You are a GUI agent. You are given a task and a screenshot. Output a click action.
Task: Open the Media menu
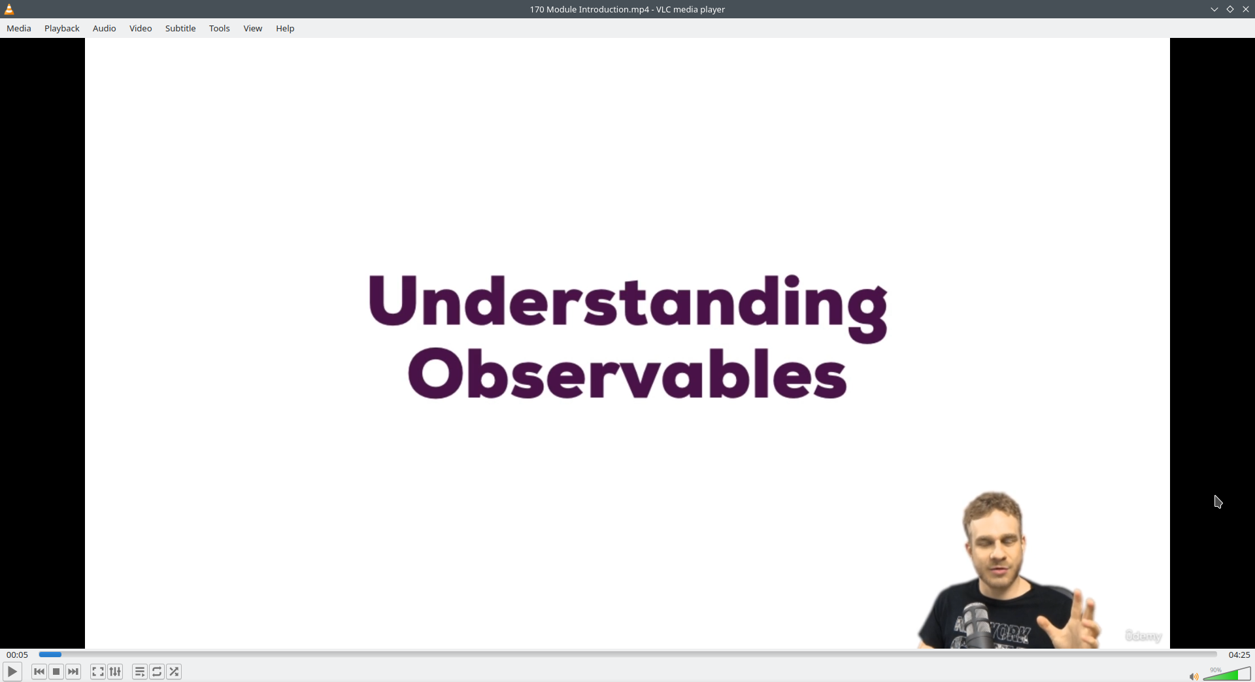coord(19,28)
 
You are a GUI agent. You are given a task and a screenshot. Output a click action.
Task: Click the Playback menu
coord(62,28)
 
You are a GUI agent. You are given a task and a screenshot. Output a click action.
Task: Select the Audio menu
coord(105,28)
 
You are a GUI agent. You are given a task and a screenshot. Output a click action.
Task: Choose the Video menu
coord(141,28)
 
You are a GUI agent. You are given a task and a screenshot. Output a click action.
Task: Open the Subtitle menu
coord(180,28)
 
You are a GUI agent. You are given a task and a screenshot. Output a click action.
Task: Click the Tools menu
coord(220,28)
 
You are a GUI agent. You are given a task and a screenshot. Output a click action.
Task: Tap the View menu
coord(253,28)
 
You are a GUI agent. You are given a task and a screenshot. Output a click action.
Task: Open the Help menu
coord(285,28)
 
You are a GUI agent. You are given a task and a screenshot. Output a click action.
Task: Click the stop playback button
coord(56,672)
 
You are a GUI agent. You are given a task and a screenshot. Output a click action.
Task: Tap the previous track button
coord(39,672)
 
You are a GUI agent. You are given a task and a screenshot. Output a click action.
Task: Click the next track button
coord(73,672)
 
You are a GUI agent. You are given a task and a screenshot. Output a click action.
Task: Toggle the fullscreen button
coord(98,672)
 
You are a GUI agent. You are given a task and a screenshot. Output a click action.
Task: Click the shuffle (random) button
coord(174,672)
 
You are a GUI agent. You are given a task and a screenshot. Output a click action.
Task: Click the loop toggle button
coord(157,672)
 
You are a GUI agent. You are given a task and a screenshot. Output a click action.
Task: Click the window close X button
coord(1246,9)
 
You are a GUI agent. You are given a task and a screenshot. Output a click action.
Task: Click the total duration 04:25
coord(1239,655)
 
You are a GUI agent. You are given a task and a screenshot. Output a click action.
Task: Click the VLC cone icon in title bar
coord(9,9)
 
